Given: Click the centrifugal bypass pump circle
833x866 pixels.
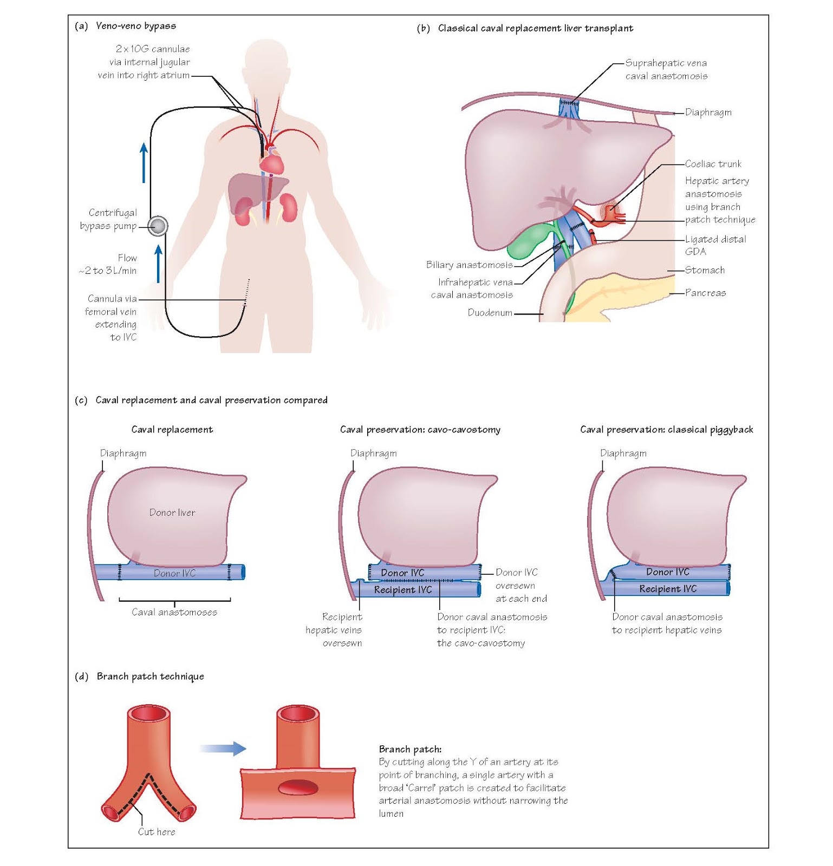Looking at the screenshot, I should pos(158,226).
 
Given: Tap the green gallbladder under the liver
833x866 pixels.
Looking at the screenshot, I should pos(528,242).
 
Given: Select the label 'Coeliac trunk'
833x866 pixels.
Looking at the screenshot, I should pos(713,164).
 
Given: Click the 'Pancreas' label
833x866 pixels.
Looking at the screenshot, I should pos(705,293).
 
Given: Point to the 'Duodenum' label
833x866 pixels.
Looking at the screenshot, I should pos(490,313).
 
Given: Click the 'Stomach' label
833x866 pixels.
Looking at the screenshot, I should pos(705,270).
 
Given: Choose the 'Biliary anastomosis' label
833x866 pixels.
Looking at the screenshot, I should pos(469,265).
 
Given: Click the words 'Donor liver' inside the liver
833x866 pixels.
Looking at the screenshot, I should pos(172,513).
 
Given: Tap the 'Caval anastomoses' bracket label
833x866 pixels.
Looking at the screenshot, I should pos(174,612).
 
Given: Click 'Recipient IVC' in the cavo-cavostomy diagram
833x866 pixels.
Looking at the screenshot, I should pos(402,590).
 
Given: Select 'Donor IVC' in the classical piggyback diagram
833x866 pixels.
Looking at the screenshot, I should pos(667,572).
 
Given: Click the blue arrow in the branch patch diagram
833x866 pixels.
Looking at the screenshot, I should pos(223,749).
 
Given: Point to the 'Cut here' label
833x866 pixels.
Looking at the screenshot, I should pos(157,832).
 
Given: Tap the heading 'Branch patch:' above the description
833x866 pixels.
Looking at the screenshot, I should pos(410,749).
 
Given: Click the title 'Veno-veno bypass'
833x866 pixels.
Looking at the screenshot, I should pos(135,26).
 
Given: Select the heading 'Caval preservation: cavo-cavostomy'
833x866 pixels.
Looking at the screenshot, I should pos(420,430).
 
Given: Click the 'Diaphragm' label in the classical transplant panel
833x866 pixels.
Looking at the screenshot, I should pos(708,113).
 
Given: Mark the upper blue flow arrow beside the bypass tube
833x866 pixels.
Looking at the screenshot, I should pos(144,162).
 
